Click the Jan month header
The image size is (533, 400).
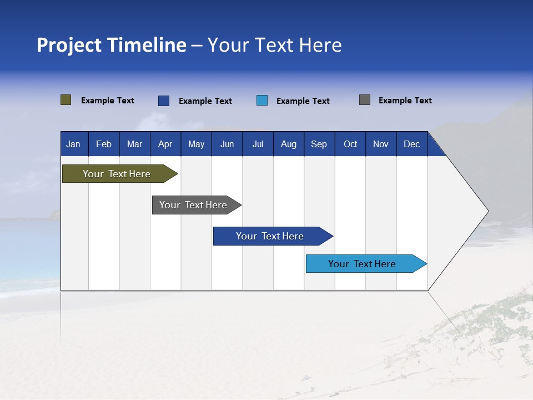coord(73,144)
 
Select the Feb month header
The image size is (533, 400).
coord(104,144)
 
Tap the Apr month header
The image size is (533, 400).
coord(165,144)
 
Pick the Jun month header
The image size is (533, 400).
coord(227,144)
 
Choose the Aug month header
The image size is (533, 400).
coord(289,144)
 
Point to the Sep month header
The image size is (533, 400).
coord(319,144)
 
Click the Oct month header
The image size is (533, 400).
coord(350,144)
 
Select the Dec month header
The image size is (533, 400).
coord(412,144)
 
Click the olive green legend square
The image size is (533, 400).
coord(66,100)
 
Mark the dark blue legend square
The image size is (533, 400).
coord(164,101)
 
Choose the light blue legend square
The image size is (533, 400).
coord(262,101)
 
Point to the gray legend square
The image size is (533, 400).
coord(365,100)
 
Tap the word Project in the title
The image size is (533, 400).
coord(69,45)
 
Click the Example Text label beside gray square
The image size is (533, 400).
coord(405,101)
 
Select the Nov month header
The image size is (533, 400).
coord(381,144)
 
